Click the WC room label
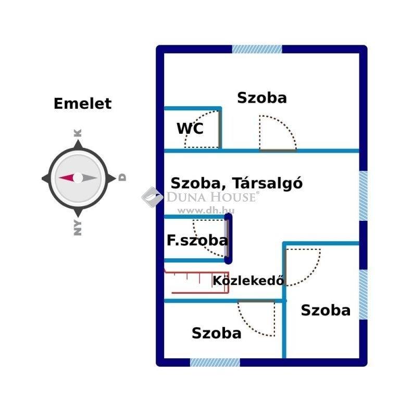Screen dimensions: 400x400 pyautogui.click(x=190, y=128)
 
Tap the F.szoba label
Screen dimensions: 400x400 pyautogui.click(x=197, y=240)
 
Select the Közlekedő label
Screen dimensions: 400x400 pyautogui.click(x=248, y=281)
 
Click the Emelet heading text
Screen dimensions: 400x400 pyautogui.click(x=83, y=104)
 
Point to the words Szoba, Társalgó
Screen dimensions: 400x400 pyautogui.click(x=236, y=183)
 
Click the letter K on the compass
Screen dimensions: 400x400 pyautogui.click(x=78, y=133)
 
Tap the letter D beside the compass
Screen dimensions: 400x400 pyautogui.click(x=122, y=178)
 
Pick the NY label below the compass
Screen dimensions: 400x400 pyautogui.click(x=78, y=227)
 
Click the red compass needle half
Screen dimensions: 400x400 pyautogui.click(x=67, y=178)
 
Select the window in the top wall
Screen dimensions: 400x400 pyautogui.click(x=257, y=49)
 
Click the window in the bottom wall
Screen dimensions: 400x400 pyautogui.click(x=215, y=362)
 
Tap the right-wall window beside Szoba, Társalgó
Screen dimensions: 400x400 pyautogui.click(x=363, y=196)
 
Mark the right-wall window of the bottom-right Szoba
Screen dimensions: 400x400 pyautogui.click(x=363, y=294)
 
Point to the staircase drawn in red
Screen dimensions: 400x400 pyautogui.click(x=196, y=282)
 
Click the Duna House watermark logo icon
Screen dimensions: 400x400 pyautogui.click(x=152, y=197)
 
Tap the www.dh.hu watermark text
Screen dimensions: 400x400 pyautogui.click(x=206, y=210)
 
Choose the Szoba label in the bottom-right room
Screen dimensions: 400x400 pyautogui.click(x=326, y=310)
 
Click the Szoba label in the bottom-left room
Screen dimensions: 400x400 pyautogui.click(x=216, y=333)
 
